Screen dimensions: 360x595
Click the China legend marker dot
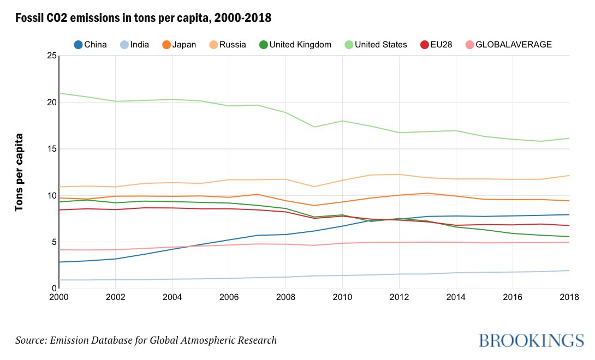point(78,44)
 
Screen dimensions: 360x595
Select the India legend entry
point(134,44)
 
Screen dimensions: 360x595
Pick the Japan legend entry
point(180,44)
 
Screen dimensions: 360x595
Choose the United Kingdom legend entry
point(295,44)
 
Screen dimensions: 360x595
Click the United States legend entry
point(375,44)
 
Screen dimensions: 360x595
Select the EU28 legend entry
point(436,44)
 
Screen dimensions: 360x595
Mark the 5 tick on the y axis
point(52,242)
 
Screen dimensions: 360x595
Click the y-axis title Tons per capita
point(20,172)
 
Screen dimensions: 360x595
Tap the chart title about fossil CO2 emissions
point(143,19)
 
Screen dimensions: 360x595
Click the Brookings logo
point(527,340)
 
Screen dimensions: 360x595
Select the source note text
point(146,340)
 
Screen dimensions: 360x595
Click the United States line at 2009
point(314,127)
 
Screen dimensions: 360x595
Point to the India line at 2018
point(568,271)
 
